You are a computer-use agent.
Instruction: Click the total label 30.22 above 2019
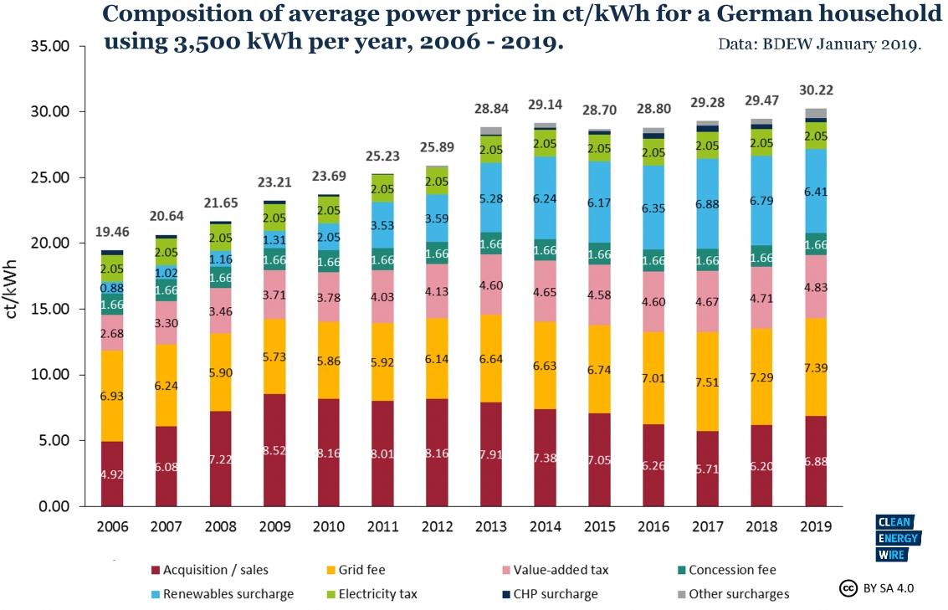[816, 90]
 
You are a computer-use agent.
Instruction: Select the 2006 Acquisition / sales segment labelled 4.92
[112, 474]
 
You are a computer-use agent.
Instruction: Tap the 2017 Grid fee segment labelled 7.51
[707, 382]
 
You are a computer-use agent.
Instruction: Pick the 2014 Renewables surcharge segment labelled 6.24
[546, 198]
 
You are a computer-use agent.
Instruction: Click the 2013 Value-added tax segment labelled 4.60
[491, 284]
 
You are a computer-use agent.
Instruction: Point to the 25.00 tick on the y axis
[50, 177]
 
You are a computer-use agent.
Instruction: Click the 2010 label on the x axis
[328, 526]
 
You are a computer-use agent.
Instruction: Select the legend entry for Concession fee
[727, 570]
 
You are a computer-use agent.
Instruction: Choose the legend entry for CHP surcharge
[551, 593]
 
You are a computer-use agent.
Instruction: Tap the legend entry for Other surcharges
[733, 593]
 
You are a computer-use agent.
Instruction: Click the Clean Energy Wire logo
[898, 538]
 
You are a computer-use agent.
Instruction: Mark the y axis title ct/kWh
[11, 290]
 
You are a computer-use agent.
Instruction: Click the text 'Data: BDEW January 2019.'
[820, 44]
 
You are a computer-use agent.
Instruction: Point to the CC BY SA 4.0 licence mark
[877, 587]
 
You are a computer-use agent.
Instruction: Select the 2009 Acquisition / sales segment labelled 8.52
[274, 450]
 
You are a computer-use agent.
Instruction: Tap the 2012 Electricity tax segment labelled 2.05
[437, 181]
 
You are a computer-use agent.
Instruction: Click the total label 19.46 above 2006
[112, 232]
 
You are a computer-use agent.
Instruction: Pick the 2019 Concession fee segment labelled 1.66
[816, 244]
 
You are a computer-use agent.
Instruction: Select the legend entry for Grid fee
[356, 570]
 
